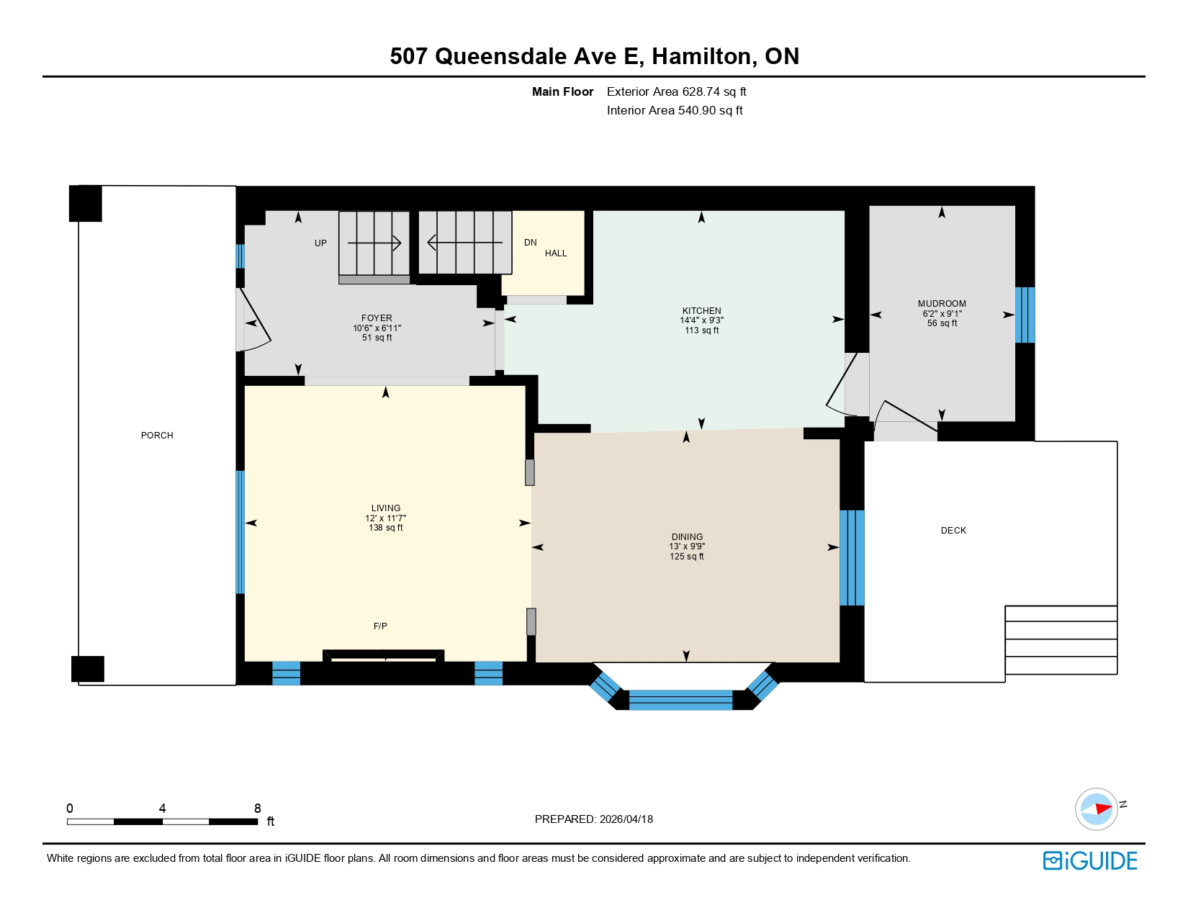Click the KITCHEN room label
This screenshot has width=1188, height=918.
click(701, 311)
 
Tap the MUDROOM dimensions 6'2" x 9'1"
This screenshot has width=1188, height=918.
click(942, 314)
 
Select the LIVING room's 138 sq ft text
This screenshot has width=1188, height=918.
click(386, 528)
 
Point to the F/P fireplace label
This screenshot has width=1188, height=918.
click(380, 626)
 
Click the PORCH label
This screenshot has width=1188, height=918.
click(157, 436)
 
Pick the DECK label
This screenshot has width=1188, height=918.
click(953, 531)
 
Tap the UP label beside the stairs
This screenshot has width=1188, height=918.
click(320, 243)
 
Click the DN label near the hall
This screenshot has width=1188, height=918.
click(530, 243)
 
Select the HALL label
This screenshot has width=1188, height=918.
click(556, 253)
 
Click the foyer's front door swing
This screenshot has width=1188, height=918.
click(253, 320)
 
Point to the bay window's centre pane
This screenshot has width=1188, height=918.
click(680, 700)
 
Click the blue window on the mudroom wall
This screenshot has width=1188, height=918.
click(1025, 315)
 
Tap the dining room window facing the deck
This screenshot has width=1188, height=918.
click(852, 558)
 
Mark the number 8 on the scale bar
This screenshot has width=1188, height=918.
click(257, 809)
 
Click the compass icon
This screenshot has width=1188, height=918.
click(1097, 809)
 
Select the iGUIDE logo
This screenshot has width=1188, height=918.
click(1090, 861)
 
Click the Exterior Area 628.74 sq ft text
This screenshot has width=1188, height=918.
click(676, 91)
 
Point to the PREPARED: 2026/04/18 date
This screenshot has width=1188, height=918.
click(593, 819)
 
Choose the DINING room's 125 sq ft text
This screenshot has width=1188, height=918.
click(687, 557)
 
